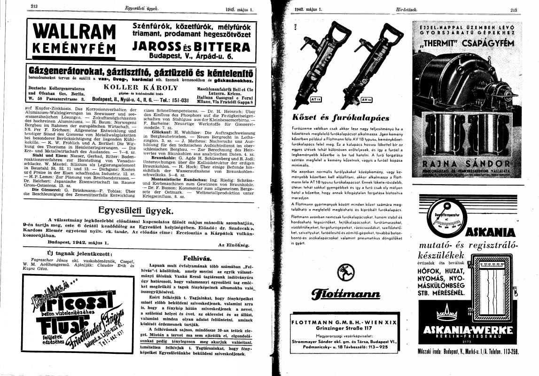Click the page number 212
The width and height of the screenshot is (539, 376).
pos(34,6)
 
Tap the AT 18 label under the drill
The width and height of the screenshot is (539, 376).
pos(315,100)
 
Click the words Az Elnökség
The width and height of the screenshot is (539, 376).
pos(234,245)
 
